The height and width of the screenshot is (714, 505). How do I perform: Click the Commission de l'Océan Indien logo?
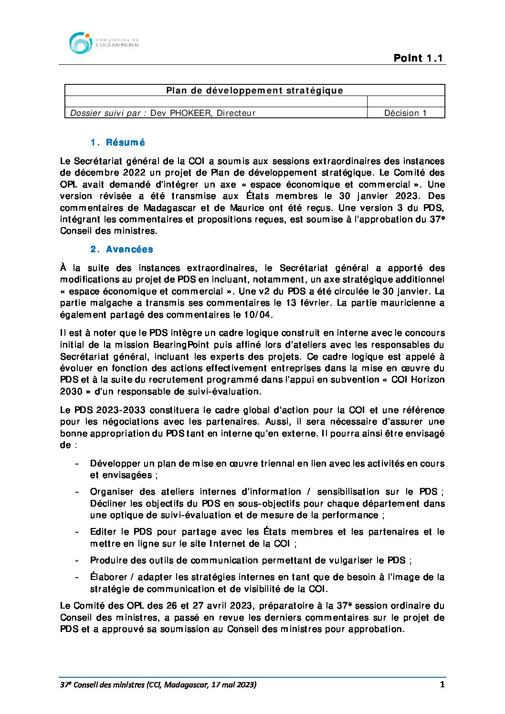104,43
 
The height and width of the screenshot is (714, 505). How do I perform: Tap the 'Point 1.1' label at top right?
418,58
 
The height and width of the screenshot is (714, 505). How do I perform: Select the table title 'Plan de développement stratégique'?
254,91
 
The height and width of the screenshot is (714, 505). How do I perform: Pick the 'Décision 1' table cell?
405,113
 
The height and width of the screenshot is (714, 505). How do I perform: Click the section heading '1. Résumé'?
117,143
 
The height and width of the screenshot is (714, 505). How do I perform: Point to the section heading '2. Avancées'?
122,249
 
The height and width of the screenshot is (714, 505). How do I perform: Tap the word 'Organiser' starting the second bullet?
112,492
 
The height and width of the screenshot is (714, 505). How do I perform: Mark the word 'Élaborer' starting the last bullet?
110,577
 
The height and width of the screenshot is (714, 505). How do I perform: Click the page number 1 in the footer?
442,684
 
